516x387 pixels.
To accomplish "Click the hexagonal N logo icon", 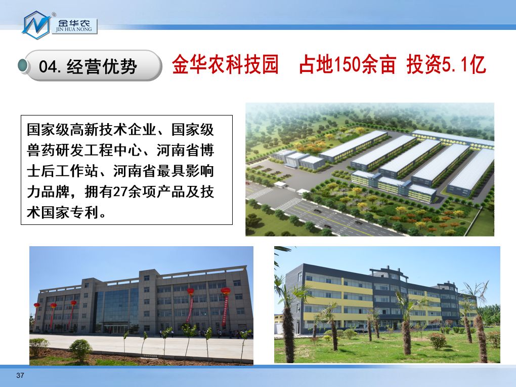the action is pos(36,25).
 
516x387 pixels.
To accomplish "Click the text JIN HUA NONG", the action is pos(74,29).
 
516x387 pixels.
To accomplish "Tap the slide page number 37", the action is pos(20,375).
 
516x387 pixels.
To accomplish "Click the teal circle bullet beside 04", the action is pos(23,65).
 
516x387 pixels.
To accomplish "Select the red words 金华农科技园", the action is pos(226,64).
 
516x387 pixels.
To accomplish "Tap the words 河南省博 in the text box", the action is pos(186,150).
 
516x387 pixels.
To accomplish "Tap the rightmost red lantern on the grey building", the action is pos(226,291).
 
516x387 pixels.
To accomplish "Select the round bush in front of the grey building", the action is pos(80,350).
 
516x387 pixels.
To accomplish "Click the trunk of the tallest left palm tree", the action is pos(288,333).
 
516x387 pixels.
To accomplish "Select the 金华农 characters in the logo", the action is pos(74,23).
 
